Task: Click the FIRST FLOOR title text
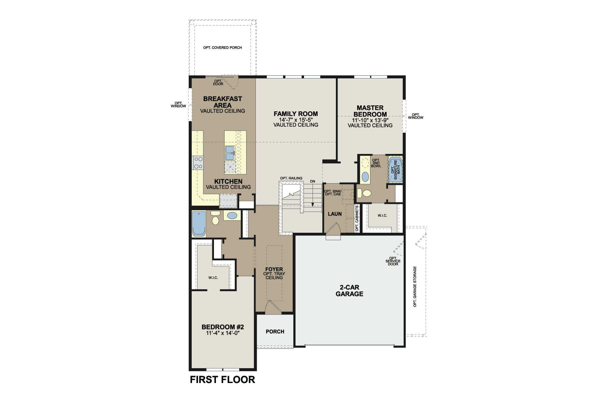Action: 222,379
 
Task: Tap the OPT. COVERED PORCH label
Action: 222,48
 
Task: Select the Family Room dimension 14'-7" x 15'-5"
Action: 296,119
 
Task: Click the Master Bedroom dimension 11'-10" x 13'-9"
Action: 370,120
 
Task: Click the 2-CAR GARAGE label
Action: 349,291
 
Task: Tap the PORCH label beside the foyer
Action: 275,332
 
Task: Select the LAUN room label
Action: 335,214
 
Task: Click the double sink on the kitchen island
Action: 230,153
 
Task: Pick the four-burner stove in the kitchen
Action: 198,163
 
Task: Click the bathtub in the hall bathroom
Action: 199,224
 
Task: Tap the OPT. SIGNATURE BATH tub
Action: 395,170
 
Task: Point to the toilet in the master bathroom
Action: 365,193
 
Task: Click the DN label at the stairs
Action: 312,182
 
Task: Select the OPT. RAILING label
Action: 291,178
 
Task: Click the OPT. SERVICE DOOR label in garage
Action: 393,261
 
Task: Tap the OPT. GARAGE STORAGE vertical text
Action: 415,286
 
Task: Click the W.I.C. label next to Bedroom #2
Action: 213,278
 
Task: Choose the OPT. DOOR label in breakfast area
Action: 218,82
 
